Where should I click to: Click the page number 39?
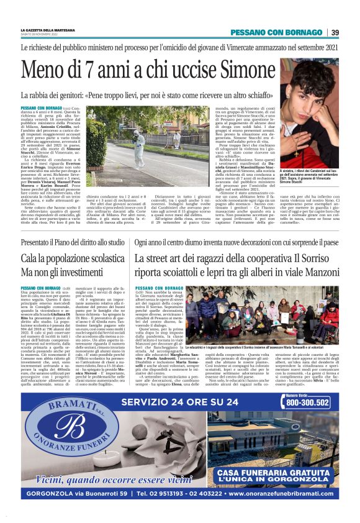pyautogui.click(x=335, y=32)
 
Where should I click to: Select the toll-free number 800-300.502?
pyautogui.click(x=307, y=402)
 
